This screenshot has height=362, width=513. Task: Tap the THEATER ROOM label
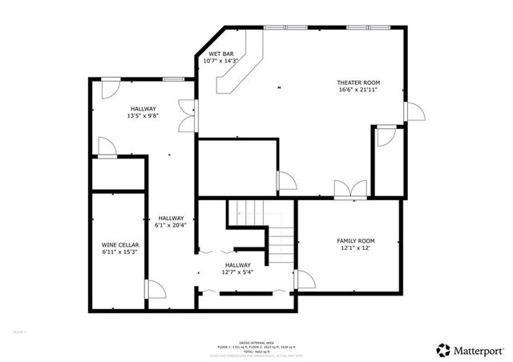tap(357, 82)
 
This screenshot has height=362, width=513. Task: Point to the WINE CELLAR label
tap(120, 244)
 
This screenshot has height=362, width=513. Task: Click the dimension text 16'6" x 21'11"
tap(357, 90)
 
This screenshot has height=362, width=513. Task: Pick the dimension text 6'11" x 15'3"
tap(120, 251)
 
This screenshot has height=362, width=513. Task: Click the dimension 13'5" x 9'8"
tap(143, 115)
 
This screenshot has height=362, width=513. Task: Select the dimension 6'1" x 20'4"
tap(171, 225)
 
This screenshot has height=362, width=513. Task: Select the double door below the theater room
tap(350, 189)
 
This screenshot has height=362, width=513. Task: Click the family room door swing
tap(305, 279)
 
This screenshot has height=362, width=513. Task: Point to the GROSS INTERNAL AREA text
tap(256, 340)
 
